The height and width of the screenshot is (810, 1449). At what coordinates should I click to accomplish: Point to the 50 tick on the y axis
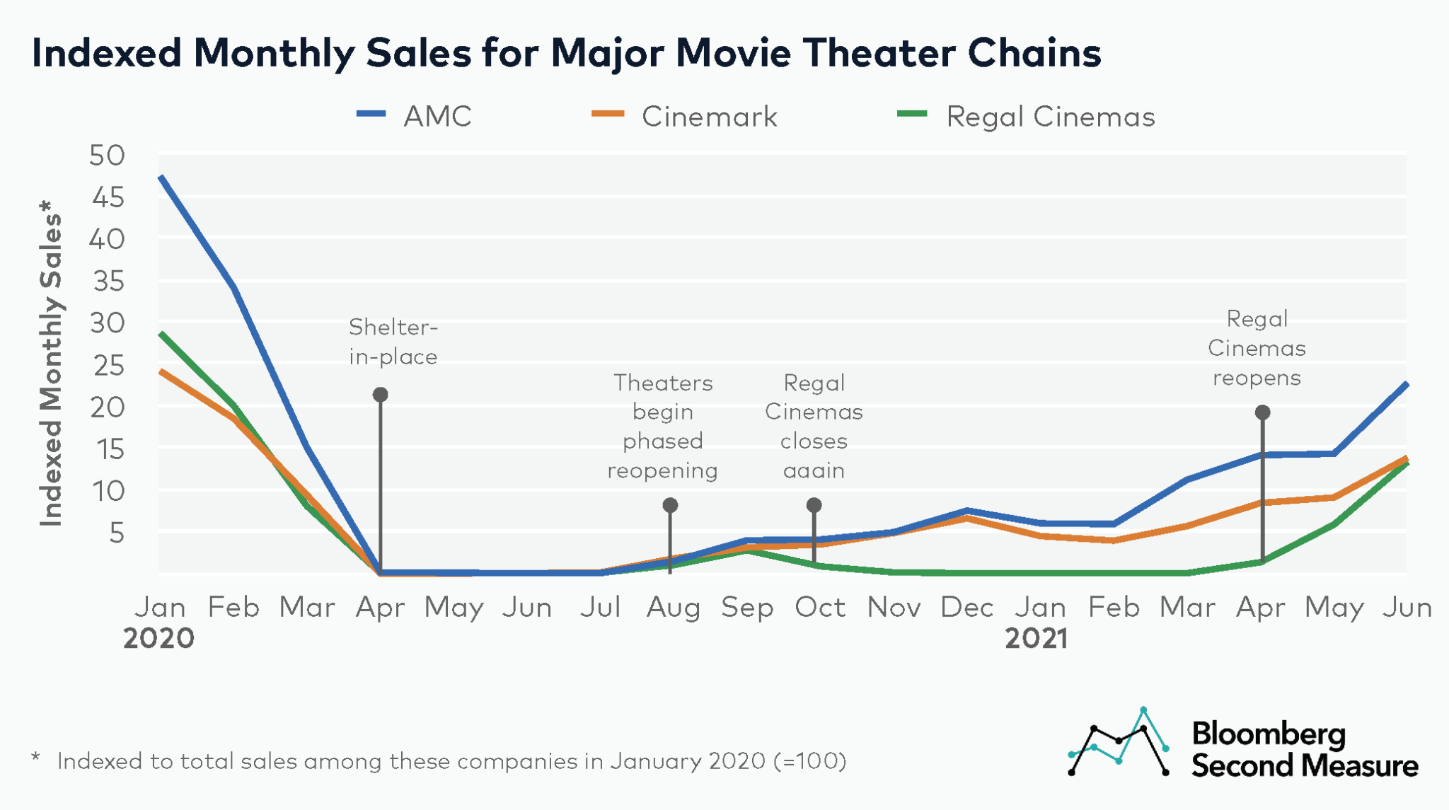pyautogui.click(x=107, y=156)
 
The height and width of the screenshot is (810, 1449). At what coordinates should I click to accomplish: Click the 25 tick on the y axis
pyautogui.click(x=107, y=365)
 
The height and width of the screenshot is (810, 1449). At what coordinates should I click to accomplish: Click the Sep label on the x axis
pyautogui.click(x=747, y=607)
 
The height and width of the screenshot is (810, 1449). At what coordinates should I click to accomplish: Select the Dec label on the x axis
pyautogui.click(x=967, y=607)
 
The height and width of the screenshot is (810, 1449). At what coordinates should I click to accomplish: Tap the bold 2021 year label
pyautogui.click(x=1036, y=639)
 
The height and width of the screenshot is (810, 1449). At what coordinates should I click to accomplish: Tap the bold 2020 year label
pyautogui.click(x=158, y=639)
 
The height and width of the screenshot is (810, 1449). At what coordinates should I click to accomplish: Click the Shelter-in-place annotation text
pyautogui.click(x=393, y=342)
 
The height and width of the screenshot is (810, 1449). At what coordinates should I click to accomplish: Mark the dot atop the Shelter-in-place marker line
pyautogui.click(x=381, y=394)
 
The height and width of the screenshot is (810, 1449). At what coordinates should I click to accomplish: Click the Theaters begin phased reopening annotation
pyautogui.click(x=663, y=427)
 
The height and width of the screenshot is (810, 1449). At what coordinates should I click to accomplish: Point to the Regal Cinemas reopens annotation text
pyautogui.click(x=1257, y=348)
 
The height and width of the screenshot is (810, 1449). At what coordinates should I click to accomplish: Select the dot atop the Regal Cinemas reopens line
pyautogui.click(x=1262, y=412)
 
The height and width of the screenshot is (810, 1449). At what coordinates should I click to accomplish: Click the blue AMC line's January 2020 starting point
pyautogui.click(x=162, y=177)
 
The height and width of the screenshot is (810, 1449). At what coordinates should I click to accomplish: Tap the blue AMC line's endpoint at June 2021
pyautogui.click(x=1406, y=384)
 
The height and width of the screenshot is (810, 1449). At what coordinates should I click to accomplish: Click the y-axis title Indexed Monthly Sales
pyautogui.click(x=51, y=364)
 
